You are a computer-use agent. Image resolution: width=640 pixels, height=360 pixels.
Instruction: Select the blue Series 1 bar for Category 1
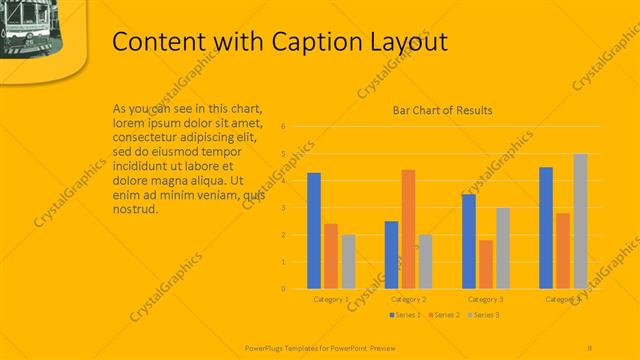[x=314, y=230]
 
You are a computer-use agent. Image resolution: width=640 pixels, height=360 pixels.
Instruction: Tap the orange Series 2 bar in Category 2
[x=408, y=229]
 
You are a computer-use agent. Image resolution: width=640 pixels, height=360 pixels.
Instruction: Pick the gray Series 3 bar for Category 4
[x=580, y=221]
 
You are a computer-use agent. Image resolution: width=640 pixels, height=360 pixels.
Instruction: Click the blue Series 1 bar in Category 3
[x=469, y=241]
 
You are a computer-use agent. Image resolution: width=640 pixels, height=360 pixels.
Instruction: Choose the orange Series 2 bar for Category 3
[x=486, y=264]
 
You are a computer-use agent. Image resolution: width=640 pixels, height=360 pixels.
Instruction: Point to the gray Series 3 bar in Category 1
[x=348, y=261]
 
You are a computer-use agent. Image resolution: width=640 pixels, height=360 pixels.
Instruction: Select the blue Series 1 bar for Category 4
[x=546, y=228]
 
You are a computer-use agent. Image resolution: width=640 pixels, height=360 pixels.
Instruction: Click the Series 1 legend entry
[x=405, y=315]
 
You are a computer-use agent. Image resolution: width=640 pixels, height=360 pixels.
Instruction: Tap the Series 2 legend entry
[x=444, y=315]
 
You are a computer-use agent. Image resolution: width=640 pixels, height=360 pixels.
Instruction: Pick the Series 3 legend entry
[x=483, y=315]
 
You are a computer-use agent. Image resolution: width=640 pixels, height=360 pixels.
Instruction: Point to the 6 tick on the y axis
[x=284, y=127]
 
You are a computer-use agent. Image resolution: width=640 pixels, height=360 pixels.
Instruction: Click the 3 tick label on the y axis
[x=284, y=208]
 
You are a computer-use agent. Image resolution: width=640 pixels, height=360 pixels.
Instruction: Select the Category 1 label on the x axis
[x=331, y=299]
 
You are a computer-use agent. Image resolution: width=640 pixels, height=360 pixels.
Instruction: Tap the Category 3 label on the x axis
[x=486, y=299]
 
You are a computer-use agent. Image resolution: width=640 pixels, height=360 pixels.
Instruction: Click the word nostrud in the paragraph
[x=136, y=210]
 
